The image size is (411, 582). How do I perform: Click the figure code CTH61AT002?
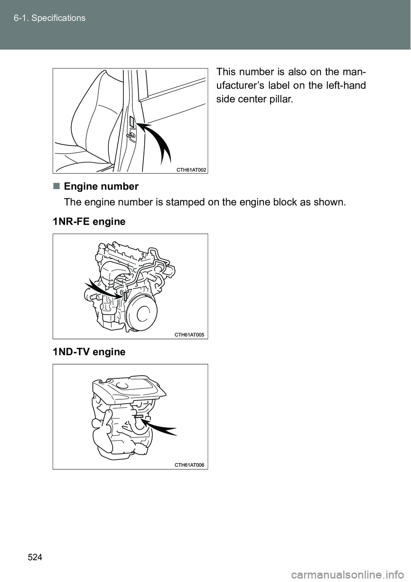coord(191,170)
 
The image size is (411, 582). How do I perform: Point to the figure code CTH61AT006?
coord(190,465)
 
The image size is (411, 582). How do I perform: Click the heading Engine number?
coord(101,187)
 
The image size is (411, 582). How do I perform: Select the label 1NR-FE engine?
coord(89,222)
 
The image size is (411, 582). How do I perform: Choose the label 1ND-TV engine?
coord(89,352)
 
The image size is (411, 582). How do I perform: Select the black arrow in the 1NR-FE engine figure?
coord(102,289)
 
